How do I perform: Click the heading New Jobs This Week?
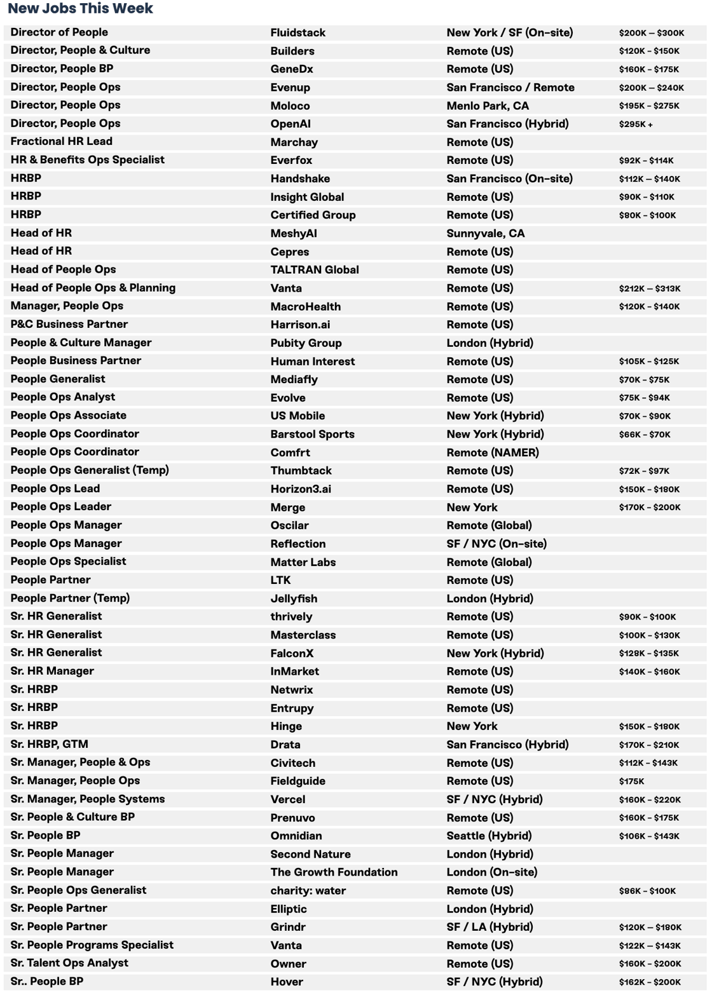pyautogui.click(x=80, y=9)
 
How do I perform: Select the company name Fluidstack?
pyautogui.click(x=298, y=32)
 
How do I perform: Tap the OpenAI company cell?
pyautogui.click(x=290, y=124)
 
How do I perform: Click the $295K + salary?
pyautogui.click(x=635, y=125)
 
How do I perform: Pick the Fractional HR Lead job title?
pyautogui.click(x=61, y=142)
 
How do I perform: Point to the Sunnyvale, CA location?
pyautogui.click(x=485, y=233)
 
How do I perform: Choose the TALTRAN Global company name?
pyautogui.click(x=314, y=270)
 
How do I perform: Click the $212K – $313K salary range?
pyautogui.click(x=649, y=288)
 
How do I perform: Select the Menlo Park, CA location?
pyautogui.click(x=487, y=105)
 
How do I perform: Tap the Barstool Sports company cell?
pyautogui.click(x=312, y=435)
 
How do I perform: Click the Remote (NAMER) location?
pyautogui.click(x=492, y=452)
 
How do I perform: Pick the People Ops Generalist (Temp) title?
pyautogui.click(x=90, y=470)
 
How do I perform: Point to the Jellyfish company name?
pyautogui.click(x=293, y=599)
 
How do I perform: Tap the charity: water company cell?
pyautogui.click(x=308, y=891)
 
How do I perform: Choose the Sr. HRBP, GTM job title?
pyautogui.click(x=49, y=744)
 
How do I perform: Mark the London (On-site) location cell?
pyautogui.click(x=491, y=872)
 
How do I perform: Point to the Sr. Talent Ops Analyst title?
pyautogui.click(x=69, y=963)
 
